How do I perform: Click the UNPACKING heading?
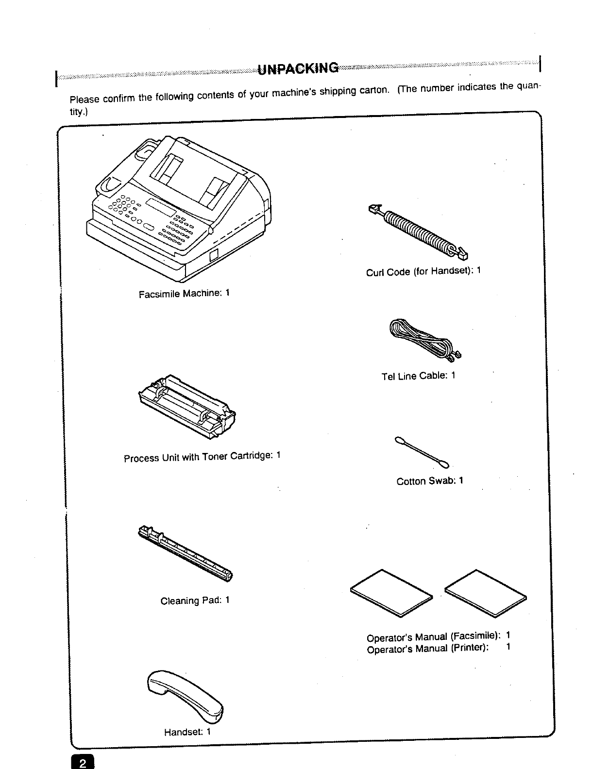(x=298, y=68)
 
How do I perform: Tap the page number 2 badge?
(x=84, y=763)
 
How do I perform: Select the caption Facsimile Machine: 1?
(x=184, y=294)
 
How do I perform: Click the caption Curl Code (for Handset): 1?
(x=423, y=271)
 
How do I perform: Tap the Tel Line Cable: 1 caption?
(x=418, y=376)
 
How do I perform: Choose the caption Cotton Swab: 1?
(x=430, y=481)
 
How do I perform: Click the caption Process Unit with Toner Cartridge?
(x=202, y=457)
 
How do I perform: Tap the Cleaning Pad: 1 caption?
(x=195, y=601)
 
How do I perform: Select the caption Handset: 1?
(x=187, y=732)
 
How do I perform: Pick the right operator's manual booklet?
(x=486, y=592)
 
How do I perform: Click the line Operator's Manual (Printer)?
(x=427, y=649)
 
